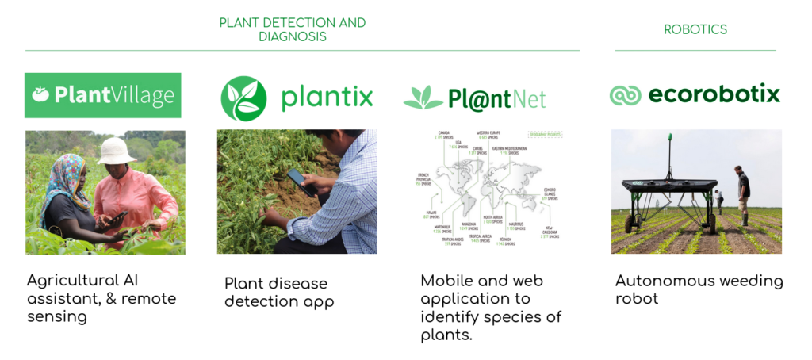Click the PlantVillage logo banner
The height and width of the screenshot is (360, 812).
click(x=103, y=95)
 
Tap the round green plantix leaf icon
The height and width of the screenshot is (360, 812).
click(x=243, y=98)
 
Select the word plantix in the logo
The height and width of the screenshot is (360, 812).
click(x=326, y=98)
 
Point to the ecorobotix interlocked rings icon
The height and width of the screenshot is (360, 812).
click(x=625, y=95)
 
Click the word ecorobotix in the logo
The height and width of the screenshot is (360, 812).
click(x=714, y=94)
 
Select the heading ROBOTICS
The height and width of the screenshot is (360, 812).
click(x=695, y=29)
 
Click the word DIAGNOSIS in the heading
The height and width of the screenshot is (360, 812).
click(x=293, y=36)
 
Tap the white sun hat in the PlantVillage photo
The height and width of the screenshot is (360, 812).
click(x=117, y=150)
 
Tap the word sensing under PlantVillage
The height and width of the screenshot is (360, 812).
click(x=56, y=316)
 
